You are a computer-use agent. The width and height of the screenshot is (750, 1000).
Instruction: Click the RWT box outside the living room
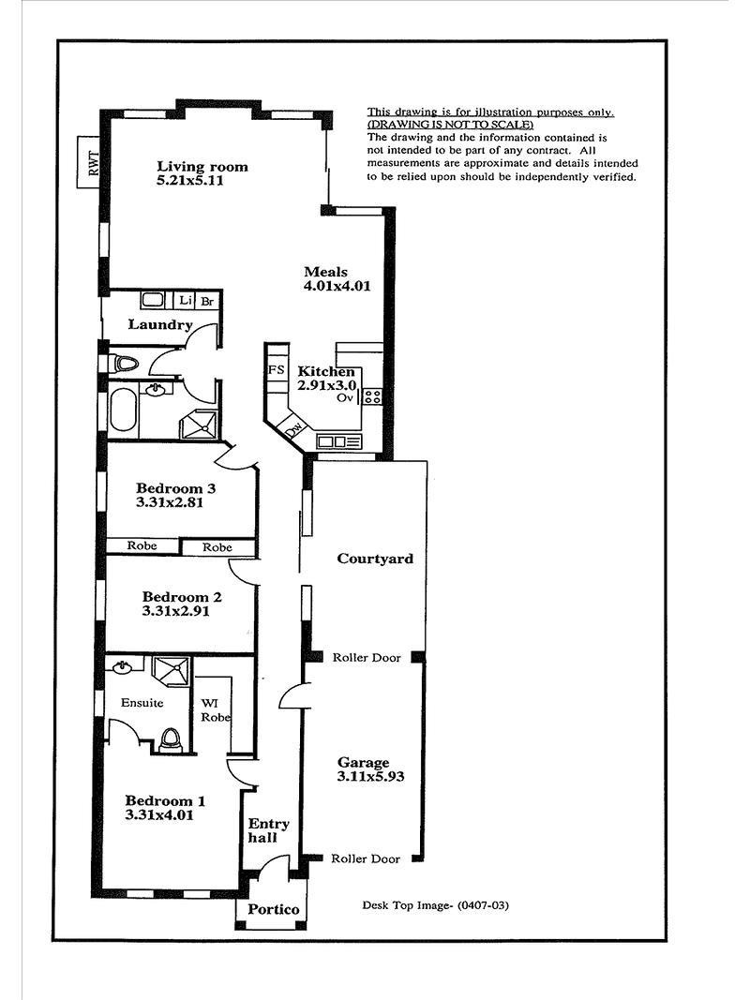click(x=89, y=163)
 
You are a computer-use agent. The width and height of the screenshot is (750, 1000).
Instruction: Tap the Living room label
click(x=202, y=167)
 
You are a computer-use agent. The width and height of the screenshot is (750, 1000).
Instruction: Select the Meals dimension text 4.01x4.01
click(x=337, y=287)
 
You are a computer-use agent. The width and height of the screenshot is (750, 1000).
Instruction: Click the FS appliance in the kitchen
click(x=277, y=370)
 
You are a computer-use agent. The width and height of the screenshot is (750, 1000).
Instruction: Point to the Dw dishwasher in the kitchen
click(x=294, y=429)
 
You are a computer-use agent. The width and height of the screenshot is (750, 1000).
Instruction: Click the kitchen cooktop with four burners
click(x=372, y=396)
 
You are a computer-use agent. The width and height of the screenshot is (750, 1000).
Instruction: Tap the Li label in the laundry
click(x=186, y=300)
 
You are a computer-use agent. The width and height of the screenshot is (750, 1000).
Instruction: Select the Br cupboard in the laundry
click(x=207, y=302)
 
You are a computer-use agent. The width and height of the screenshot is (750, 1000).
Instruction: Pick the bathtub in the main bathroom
click(x=123, y=411)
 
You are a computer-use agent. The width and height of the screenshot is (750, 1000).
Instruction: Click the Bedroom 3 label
click(x=175, y=488)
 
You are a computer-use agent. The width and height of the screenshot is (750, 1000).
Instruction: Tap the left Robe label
click(x=142, y=545)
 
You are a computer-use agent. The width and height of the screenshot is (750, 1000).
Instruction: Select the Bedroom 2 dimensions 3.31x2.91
click(x=175, y=612)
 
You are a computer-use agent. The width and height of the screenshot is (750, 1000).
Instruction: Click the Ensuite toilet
click(x=170, y=740)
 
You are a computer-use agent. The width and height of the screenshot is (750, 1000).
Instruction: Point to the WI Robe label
click(x=216, y=709)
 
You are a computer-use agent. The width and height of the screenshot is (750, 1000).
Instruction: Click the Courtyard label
click(x=375, y=559)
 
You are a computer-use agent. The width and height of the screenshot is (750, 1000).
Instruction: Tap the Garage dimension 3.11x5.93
click(x=370, y=777)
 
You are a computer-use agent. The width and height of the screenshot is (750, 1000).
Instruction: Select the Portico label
click(x=273, y=909)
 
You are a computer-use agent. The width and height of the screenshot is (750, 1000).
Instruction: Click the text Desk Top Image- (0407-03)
click(x=436, y=905)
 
